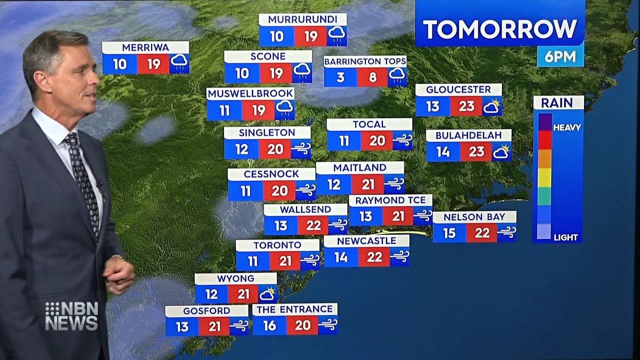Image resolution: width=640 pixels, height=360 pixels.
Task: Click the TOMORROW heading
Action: pos(499,29)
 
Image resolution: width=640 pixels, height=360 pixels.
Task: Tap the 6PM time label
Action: pos(560,57)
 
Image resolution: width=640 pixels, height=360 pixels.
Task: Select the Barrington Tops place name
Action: pos(365,61)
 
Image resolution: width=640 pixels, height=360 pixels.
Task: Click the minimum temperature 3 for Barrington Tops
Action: pos(340,77)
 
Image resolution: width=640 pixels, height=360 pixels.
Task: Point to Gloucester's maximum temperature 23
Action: pos(466,106)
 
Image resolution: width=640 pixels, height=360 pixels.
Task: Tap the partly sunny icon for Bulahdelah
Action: pos(501,151)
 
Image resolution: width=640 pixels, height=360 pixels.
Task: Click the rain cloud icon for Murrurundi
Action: pos(336,35)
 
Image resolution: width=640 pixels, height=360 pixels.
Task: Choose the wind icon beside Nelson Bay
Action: pos(506,232)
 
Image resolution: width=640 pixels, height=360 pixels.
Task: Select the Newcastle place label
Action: pos(366,241)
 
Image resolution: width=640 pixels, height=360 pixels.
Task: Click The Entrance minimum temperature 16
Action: pos(269,325)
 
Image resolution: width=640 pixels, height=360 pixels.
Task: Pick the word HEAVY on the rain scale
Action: pos(567,127)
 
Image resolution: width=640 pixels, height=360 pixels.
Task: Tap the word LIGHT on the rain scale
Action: pos(565,237)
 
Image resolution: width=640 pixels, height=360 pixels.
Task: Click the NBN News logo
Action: pos(71,316)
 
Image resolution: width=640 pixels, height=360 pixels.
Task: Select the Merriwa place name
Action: pos(145,47)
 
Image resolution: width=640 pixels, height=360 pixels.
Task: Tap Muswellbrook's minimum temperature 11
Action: pos(224,110)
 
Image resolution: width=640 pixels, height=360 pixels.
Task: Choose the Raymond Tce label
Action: pos(390,200)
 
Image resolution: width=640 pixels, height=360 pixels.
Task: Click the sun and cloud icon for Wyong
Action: pos(267,293)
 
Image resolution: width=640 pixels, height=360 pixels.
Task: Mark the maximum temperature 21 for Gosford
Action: pos(214,326)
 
